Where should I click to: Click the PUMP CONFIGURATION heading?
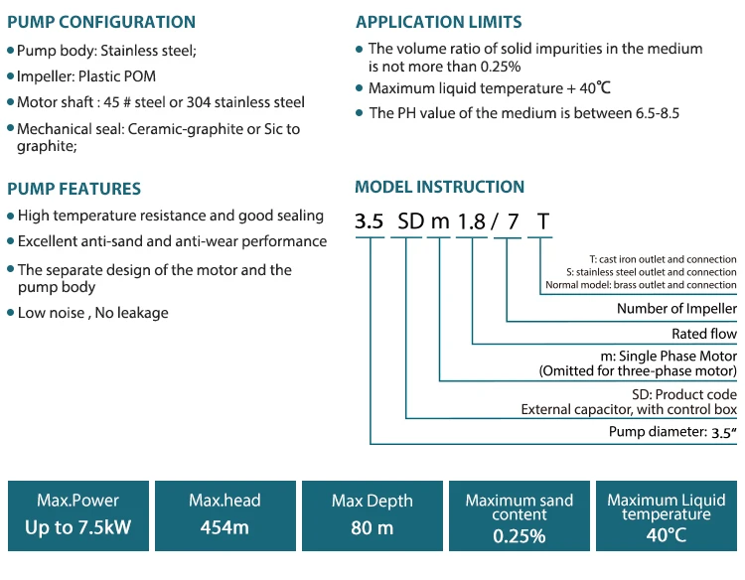point(101,22)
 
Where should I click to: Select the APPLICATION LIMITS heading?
point(438,22)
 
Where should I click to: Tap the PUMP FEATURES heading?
point(74,189)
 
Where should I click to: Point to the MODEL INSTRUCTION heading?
point(439,187)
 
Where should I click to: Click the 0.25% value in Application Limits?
point(501,67)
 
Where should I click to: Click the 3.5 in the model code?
point(370,221)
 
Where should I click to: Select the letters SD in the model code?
point(410,221)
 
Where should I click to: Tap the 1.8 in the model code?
point(471,221)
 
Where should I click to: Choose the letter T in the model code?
point(543,221)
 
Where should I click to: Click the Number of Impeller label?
point(676,309)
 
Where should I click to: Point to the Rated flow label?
point(704,334)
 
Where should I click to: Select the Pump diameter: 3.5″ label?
point(672,432)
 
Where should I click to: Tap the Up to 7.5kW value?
point(77,527)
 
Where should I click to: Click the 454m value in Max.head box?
point(224,527)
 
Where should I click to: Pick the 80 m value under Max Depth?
point(372,527)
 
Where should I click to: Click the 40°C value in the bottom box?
point(667,535)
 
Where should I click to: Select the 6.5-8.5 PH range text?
point(658,113)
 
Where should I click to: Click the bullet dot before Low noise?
point(11,313)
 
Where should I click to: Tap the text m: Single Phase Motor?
point(669,356)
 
